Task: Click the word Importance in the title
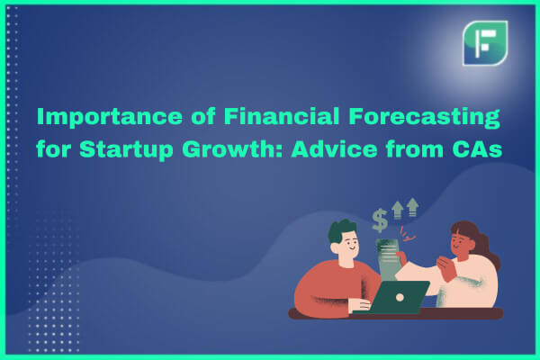point(110,117)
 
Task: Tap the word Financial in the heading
point(282,116)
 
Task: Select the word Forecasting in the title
point(424,117)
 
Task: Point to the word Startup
point(126,150)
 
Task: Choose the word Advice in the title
point(334,148)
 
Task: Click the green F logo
point(485,43)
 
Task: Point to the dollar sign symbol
point(380,220)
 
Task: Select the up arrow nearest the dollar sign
point(398,210)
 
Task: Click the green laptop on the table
point(396,297)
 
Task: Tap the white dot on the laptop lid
point(400,297)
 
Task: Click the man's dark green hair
point(341,230)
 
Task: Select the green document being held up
point(387,259)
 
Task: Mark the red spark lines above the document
point(408,234)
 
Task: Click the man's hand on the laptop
point(360,305)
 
